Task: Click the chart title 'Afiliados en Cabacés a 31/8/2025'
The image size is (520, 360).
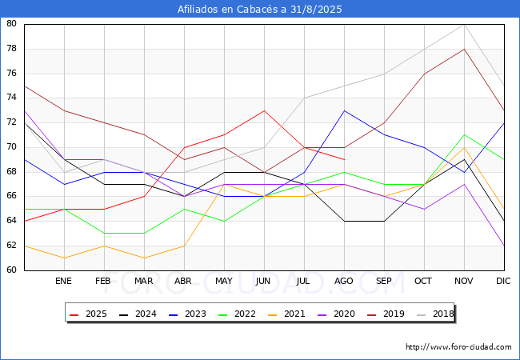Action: (260, 9)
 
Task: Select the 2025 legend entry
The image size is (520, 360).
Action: (88, 314)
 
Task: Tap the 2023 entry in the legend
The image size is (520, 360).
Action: (187, 314)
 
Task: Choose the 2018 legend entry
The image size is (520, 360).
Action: (435, 314)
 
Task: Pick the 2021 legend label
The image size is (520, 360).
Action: (286, 314)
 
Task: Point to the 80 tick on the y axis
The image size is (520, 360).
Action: (11, 23)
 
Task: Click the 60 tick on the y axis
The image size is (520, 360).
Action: (11, 270)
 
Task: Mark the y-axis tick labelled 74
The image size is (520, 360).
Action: (11, 98)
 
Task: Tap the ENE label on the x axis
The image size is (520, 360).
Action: (63, 281)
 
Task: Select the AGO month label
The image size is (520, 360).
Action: (343, 281)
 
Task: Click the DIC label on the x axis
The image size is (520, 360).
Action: (503, 281)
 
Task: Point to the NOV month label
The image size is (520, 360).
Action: (464, 281)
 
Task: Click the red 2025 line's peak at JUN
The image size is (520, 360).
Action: (264, 110)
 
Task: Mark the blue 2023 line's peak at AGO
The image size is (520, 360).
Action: (344, 110)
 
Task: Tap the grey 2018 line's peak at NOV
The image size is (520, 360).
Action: (464, 25)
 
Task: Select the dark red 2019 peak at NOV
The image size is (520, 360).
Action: (464, 49)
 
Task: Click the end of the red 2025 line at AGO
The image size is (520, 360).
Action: (344, 159)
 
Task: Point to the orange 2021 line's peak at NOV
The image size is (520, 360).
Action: (464, 147)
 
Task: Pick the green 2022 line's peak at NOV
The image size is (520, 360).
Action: (464, 135)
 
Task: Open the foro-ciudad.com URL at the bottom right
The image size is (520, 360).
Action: (458, 346)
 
